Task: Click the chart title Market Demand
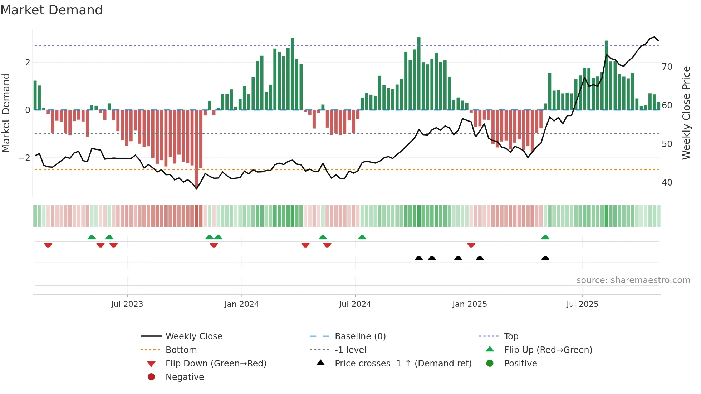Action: click(52, 10)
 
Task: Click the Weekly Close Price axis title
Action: click(686, 113)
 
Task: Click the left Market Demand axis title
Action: click(6, 113)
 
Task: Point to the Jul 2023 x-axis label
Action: click(127, 304)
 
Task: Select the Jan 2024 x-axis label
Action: click(241, 304)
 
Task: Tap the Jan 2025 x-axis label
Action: click(469, 304)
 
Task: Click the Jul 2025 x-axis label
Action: click(582, 304)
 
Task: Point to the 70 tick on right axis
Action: click(667, 67)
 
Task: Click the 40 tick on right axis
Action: click(667, 183)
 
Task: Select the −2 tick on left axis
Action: click(25, 158)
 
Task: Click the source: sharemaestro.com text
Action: click(633, 280)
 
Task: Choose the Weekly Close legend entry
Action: click(193, 336)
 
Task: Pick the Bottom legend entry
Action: click(181, 350)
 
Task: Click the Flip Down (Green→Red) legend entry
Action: click(216, 364)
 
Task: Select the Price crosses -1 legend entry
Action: click(403, 364)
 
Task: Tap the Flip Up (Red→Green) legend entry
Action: click(548, 350)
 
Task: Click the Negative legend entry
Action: click(185, 377)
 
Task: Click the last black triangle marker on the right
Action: click(545, 258)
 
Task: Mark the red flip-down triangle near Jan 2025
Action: click(471, 245)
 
